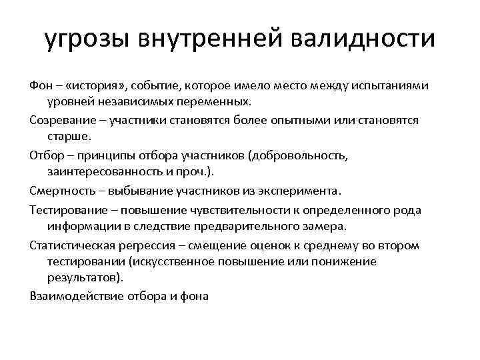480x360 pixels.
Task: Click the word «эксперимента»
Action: point(301,191)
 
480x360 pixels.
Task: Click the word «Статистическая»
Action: point(71,245)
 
